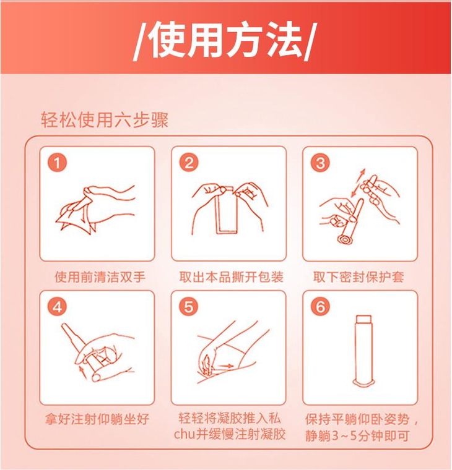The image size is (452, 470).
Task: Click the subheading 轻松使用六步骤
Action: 105,120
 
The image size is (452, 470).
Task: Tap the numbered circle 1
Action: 57,163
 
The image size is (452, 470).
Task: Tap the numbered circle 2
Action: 189,163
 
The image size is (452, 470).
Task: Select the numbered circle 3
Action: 320,163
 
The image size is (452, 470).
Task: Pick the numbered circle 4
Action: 57,307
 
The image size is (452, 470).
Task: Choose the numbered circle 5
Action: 189,307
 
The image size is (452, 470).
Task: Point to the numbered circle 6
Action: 320,307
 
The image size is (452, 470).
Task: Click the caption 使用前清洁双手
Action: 100,276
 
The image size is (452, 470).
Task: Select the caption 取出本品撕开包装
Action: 232,276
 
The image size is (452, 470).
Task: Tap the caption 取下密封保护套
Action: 359,276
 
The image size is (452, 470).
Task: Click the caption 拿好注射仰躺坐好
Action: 97,419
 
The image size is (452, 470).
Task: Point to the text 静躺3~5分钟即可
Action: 357,435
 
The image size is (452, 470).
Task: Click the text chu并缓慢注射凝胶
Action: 230,434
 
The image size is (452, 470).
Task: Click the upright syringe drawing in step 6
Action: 363,351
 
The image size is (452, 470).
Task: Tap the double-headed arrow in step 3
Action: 357,183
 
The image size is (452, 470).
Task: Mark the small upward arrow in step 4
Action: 81,372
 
